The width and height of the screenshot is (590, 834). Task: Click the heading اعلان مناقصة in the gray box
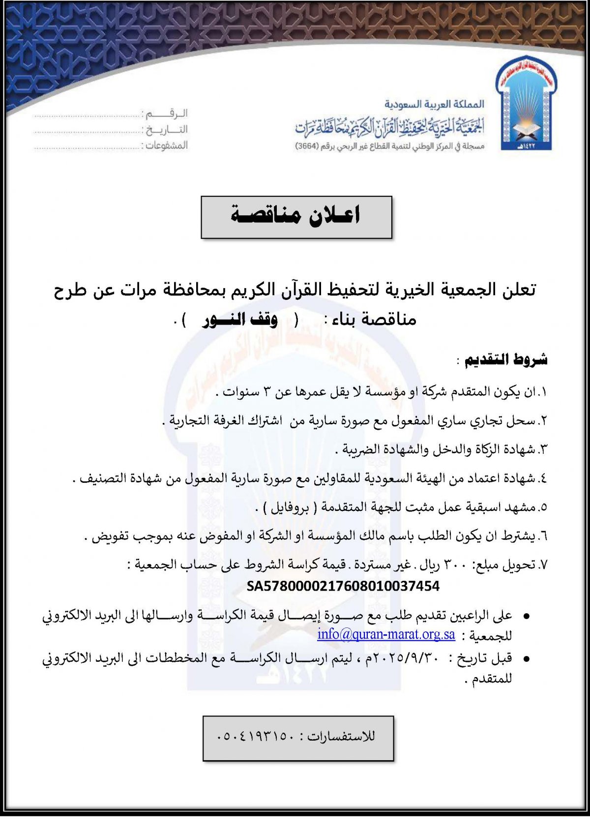tap(296, 216)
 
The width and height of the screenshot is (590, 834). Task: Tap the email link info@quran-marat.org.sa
tap(386, 634)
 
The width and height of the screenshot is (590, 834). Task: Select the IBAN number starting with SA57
tap(343, 586)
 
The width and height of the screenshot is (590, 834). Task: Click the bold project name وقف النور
tap(240, 320)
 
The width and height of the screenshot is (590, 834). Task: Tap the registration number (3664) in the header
tap(307, 147)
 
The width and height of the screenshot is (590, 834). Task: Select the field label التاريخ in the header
tap(166, 130)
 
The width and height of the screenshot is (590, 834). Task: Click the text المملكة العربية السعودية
tap(434, 104)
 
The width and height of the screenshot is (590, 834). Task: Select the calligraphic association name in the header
tap(389, 127)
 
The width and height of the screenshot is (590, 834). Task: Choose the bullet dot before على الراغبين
tap(526, 616)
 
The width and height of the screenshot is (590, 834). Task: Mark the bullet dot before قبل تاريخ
tap(526, 658)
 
